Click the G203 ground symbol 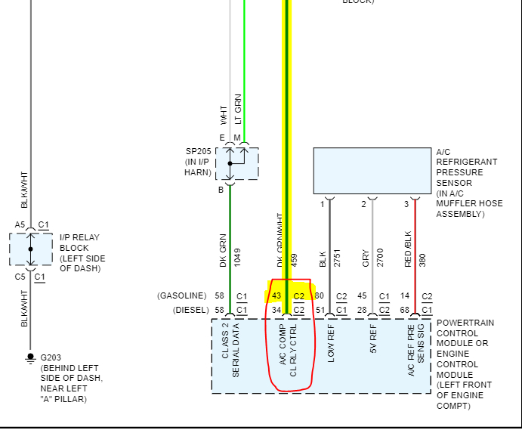(30, 356)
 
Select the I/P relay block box (31, 249)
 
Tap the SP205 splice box (236, 163)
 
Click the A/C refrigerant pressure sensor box (373, 171)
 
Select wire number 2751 (338, 258)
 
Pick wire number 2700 (380, 258)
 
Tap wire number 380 (422, 258)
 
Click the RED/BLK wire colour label (408, 249)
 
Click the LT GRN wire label (238, 109)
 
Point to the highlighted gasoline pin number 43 (276, 295)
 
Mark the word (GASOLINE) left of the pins (181, 295)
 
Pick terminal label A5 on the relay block (20, 224)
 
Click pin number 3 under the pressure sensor (406, 204)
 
